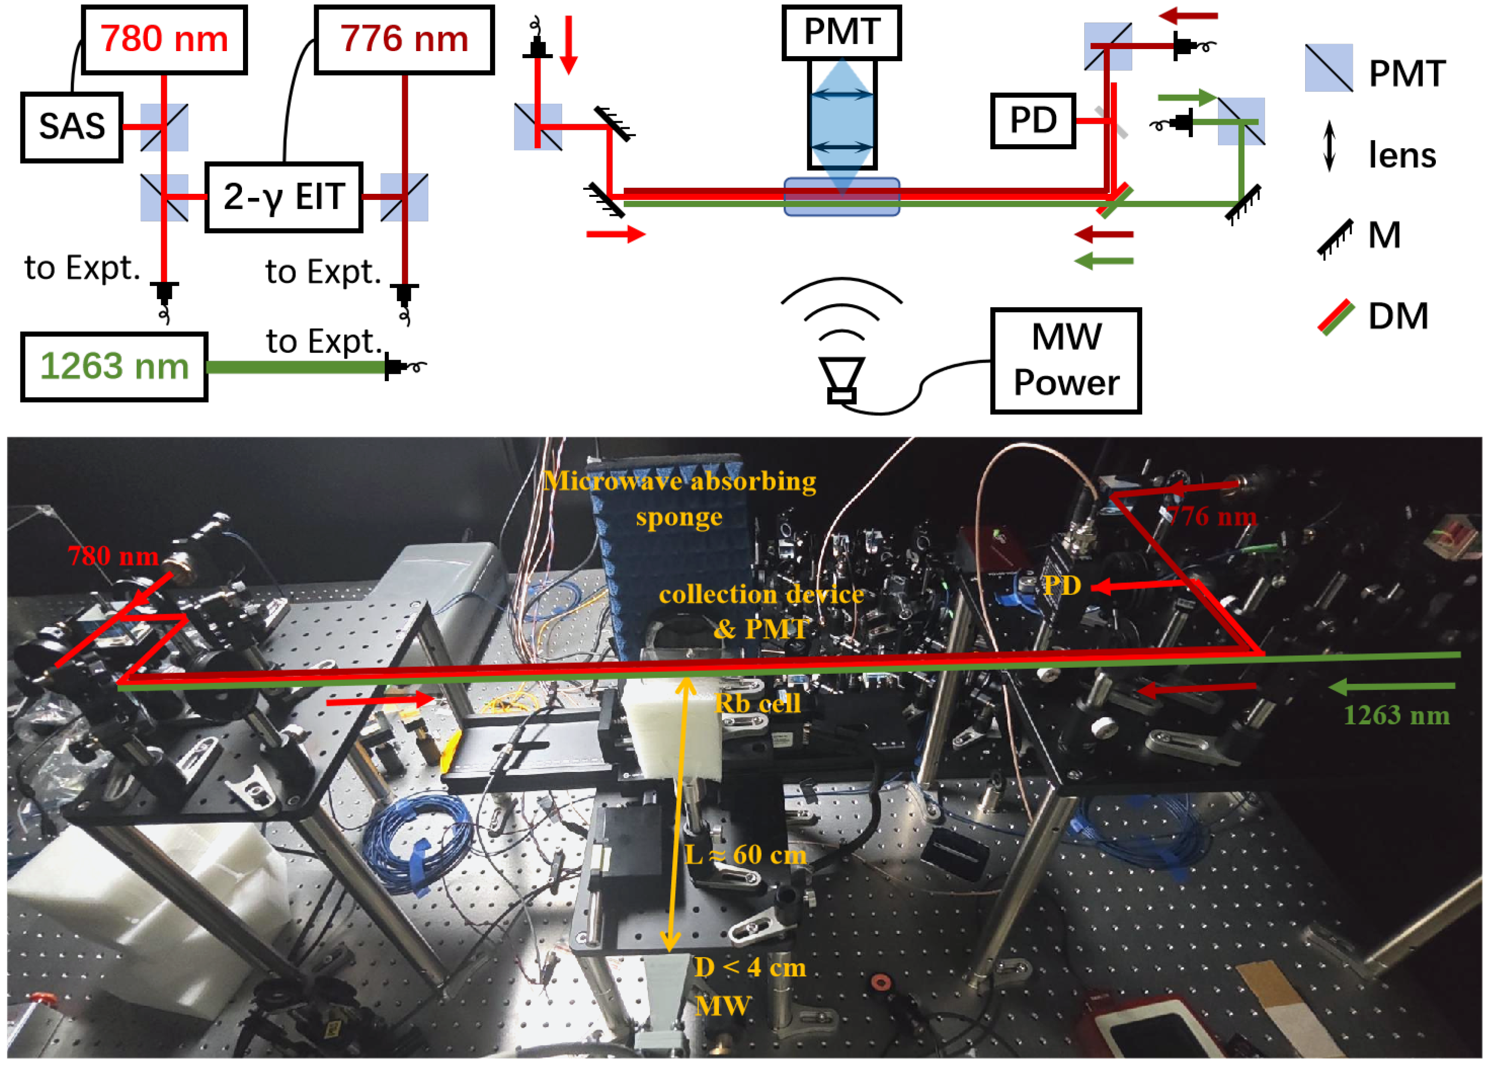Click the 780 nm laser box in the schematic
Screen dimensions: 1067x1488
pos(164,40)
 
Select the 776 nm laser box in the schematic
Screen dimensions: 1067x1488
pos(403,40)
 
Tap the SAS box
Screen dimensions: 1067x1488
pos(72,127)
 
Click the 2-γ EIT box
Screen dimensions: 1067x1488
pos(284,197)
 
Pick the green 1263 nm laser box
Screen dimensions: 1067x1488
pos(114,366)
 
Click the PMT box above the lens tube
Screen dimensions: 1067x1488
pos(841,32)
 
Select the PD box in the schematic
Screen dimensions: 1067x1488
pos(1032,121)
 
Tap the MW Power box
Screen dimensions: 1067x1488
pos(1066,360)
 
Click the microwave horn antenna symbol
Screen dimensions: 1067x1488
pos(841,380)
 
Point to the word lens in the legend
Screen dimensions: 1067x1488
pos(1402,155)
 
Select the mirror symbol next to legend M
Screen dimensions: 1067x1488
pos(1335,238)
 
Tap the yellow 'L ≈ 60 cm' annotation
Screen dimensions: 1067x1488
pos(746,855)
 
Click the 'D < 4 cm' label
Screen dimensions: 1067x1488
pos(750,967)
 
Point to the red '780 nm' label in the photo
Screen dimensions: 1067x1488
pos(113,556)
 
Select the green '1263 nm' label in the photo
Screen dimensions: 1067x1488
pos(1396,715)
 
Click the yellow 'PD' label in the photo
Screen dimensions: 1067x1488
pos(1062,586)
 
